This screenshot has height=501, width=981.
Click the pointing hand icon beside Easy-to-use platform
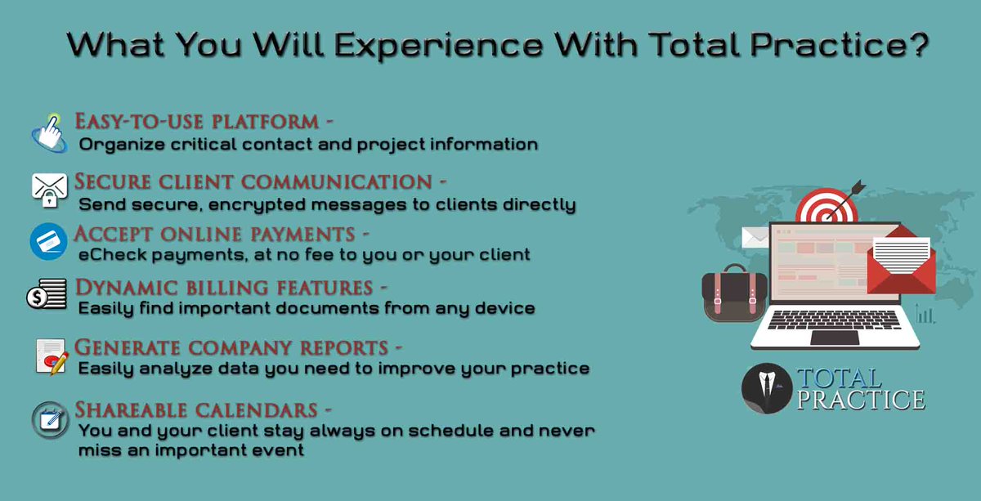(49, 132)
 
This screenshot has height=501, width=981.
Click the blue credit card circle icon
(48, 242)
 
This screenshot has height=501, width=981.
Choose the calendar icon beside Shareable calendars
(49, 419)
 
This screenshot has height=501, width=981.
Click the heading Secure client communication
(253, 181)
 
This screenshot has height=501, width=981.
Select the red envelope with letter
(901, 262)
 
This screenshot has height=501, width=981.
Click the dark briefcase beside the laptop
(734, 293)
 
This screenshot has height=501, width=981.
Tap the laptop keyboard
(834, 320)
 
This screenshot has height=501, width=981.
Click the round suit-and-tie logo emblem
(766, 389)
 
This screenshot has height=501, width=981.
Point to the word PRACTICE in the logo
(860, 400)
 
